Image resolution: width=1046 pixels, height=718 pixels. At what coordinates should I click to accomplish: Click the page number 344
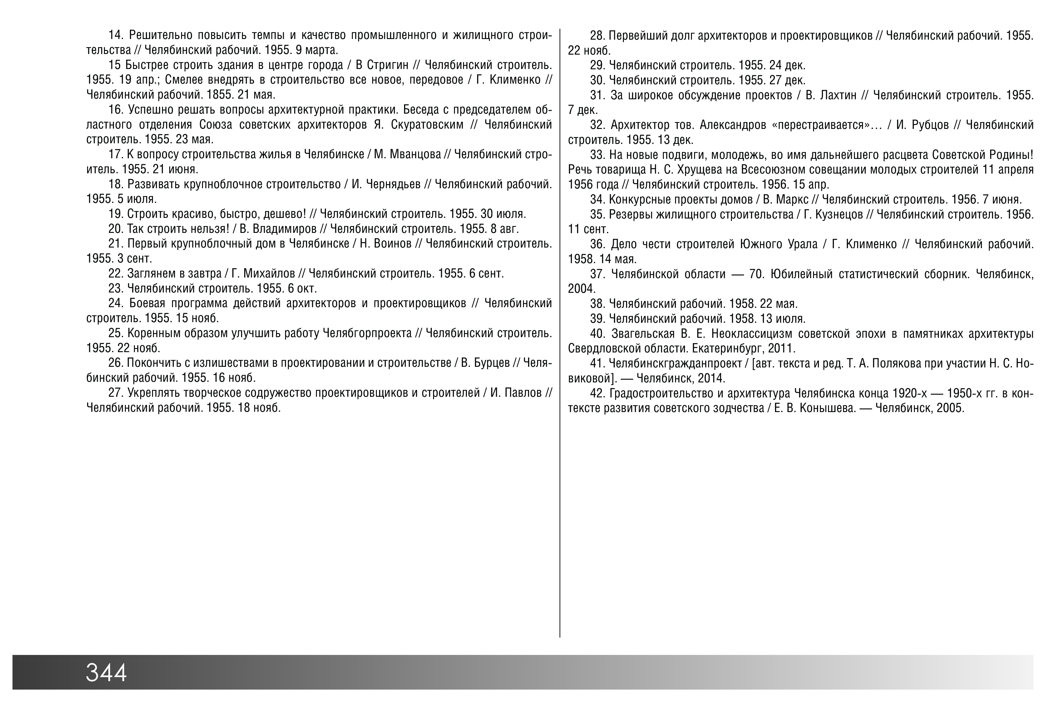click(106, 672)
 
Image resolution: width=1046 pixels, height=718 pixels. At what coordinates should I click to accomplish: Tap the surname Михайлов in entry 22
click(269, 273)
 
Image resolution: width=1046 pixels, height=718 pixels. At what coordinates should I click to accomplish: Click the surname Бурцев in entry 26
click(492, 363)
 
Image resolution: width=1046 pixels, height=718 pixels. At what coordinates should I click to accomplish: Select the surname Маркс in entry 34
click(792, 199)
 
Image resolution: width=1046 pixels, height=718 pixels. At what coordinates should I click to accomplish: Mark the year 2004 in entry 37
click(581, 288)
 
